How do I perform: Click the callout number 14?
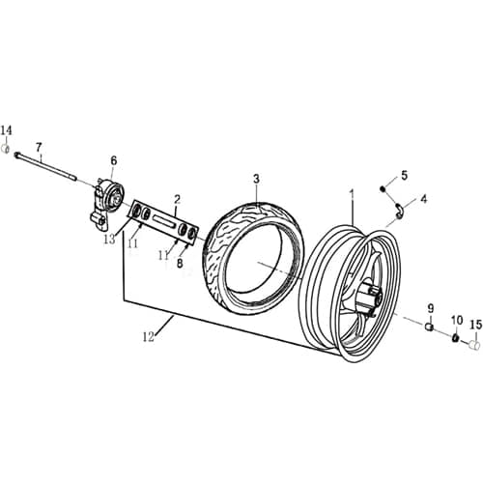click(x=7, y=131)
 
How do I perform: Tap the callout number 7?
click(x=40, y=147)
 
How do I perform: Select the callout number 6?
click(x=113, y=160)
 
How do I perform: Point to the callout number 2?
click(x=177, y=199)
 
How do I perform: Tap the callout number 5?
click(x=405, y=175)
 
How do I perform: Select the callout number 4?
click(x=422, y=199)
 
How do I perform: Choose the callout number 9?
click(x=430, y=308)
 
